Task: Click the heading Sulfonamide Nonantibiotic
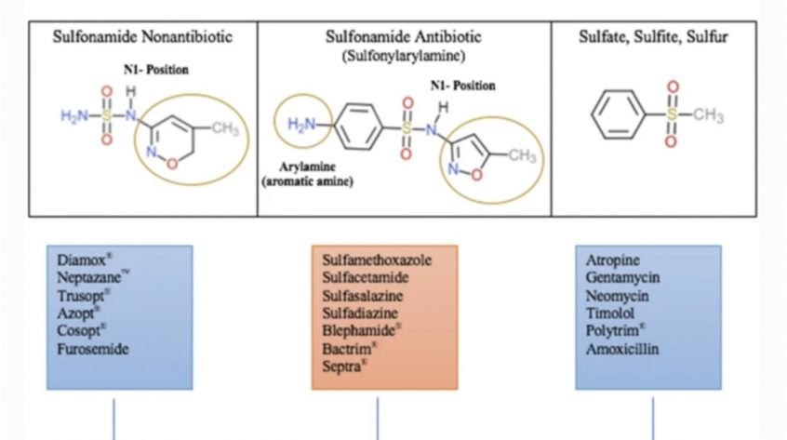(x=142, y=36)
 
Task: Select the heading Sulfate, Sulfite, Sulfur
(x=653, y=36)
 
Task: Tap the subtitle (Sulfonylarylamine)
(x=404, y=56)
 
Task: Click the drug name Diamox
(x=81, y=260)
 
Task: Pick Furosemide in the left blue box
(x=93, y=349)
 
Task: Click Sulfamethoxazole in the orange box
(x=377, y=260)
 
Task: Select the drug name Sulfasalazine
(x=363, y=296)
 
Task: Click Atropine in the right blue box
(x=612, y=260)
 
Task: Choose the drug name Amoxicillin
(x=622, y=349)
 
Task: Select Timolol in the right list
(x=610, y=313)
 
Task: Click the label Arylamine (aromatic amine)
(x=307, y=174)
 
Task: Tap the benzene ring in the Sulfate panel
(x=618, y=114)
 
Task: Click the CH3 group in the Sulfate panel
(x=708, y=115)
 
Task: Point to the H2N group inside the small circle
(x=301, y=124)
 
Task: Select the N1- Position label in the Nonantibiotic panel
(x=156, y=69)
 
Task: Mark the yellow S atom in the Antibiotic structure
(x=406, y=128)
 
